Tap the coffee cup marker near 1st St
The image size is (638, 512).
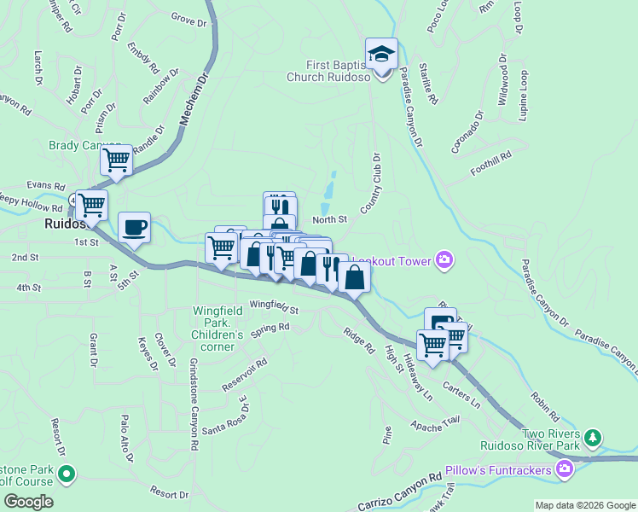click(x=134, y=227)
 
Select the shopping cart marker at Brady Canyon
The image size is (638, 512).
click(x=116, y=160)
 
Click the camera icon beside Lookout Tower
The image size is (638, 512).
click(x=444, y=259)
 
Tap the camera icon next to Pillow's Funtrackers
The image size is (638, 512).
click(x=564, y=468)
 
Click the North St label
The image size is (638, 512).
click(x=329, y=220)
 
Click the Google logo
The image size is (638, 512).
click(x=28, y=501)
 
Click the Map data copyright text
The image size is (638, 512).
click(x=584, y=505)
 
